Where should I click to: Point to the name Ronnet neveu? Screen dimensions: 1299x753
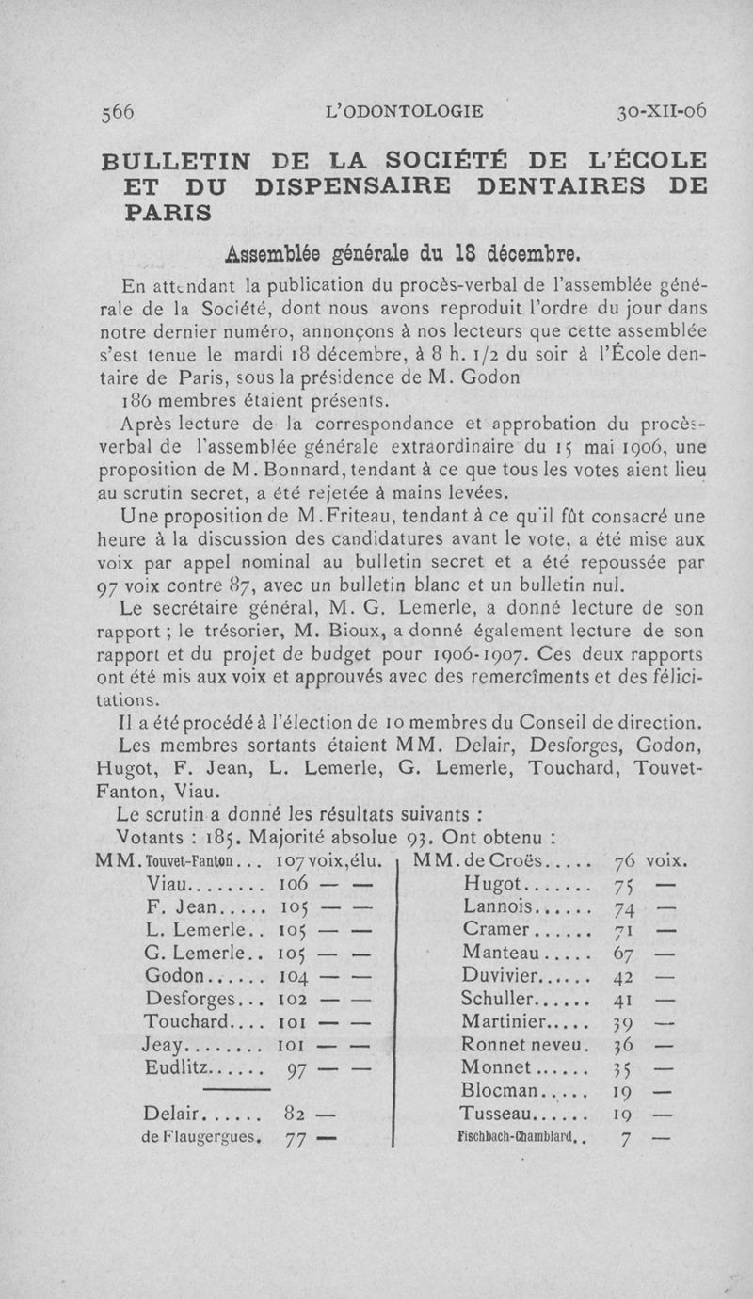(525, 1045)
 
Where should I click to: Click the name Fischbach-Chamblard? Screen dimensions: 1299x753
(516, 1137)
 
